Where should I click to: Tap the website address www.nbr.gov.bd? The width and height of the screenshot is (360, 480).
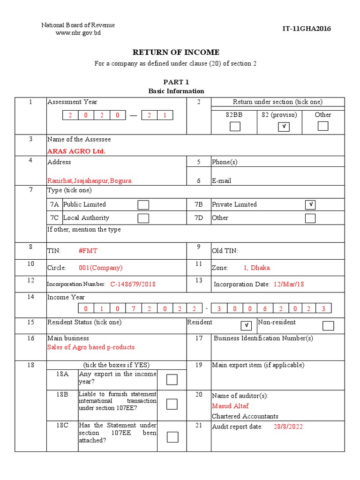coord(78,33)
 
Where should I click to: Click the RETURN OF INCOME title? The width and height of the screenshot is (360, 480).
coord(176,52)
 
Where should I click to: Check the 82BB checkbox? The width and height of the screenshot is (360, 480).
coord(235,126)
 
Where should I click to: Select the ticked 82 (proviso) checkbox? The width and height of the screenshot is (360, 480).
coord(283,126)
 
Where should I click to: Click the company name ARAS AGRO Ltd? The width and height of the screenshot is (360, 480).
coord(76,151)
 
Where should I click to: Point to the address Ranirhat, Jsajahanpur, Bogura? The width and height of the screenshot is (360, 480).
coord(90,180)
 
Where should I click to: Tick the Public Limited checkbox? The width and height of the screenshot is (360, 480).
coord(143,205)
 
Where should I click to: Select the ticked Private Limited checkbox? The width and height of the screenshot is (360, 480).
coord(310,205)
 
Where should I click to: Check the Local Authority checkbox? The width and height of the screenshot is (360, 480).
coord(143,218)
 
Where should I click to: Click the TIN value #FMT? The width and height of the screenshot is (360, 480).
coord(88,251)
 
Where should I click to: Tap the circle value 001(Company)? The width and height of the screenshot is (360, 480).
coord(100,268)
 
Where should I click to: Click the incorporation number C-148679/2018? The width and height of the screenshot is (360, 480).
coord(133,284)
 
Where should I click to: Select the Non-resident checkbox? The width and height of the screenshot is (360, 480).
coord(328,326)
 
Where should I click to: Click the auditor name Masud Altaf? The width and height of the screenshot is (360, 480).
coord(230,406)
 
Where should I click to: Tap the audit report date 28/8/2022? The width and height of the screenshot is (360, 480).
coord(288,427)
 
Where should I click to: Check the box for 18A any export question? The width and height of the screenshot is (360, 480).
coord(172,379)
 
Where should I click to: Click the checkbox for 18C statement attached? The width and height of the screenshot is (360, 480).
coord(172,437)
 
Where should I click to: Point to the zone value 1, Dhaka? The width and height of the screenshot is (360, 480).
coord(257,268)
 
